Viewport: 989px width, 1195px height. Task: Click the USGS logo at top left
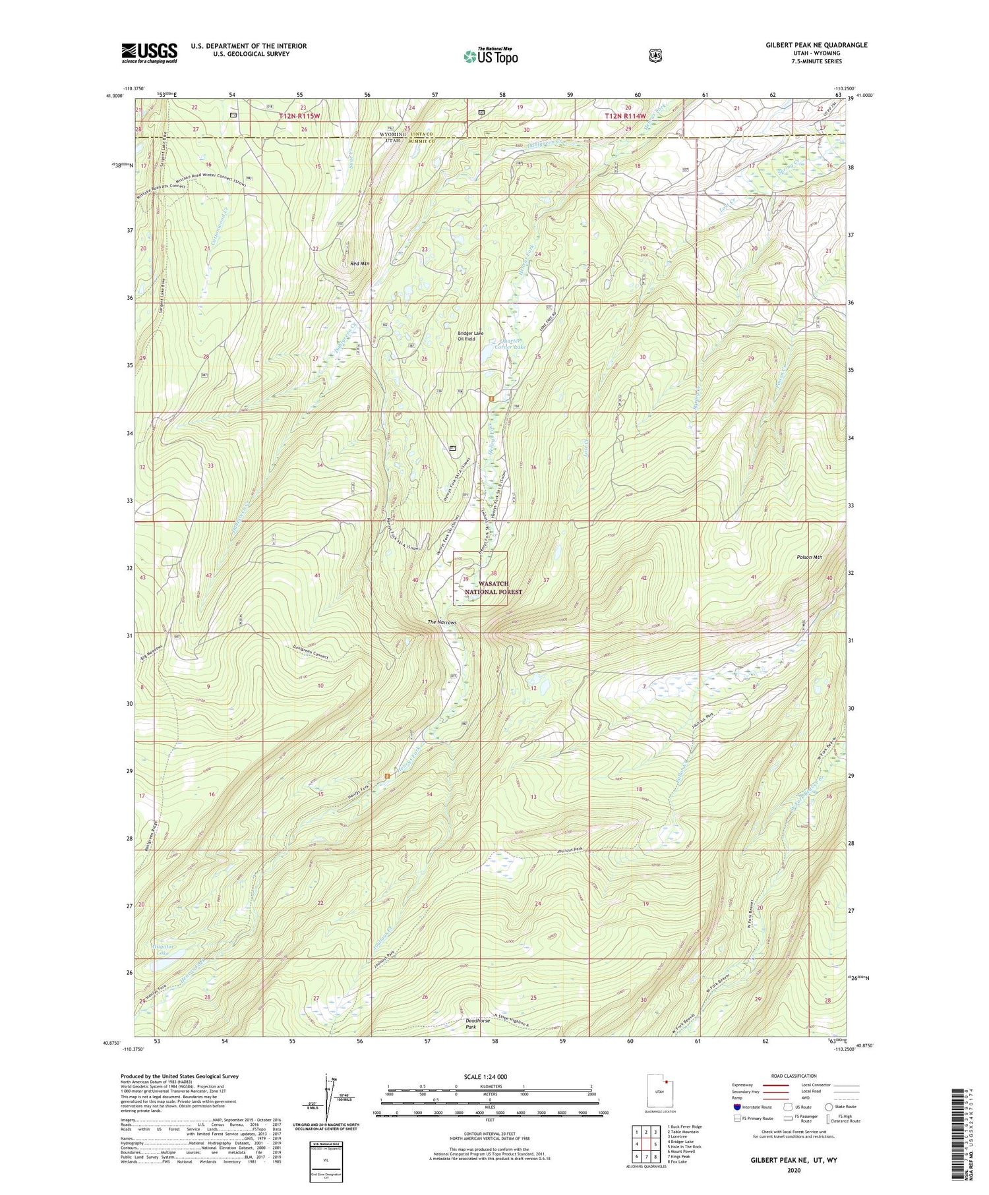(x=149, y=53)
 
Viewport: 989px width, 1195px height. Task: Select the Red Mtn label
(x=360, y=264)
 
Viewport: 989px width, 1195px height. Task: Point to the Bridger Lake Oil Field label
(x=471, y=336)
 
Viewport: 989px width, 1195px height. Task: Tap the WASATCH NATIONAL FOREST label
(x=493, y=588)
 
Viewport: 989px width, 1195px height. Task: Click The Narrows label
(x=442, y=622)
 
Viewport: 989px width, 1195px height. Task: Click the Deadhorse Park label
(x=478, y=1024)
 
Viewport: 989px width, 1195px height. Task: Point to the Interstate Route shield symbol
(x=736, y=1107)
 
